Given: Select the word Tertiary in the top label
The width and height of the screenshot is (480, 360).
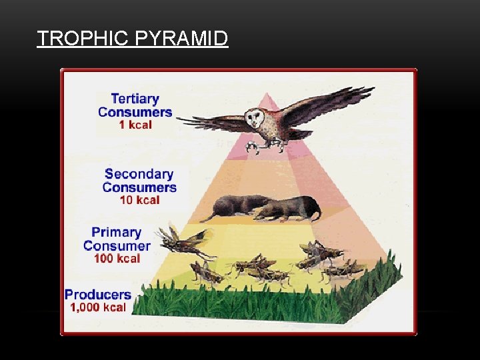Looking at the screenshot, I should tap(135, 99).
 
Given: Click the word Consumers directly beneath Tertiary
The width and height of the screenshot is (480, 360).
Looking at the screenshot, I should tap(135, 111).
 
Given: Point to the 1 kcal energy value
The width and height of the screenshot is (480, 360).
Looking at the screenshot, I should tap(135, 124).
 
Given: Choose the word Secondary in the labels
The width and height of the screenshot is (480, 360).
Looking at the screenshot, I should tap(139, 174).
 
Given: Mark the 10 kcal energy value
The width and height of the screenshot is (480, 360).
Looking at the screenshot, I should tap(139, 199).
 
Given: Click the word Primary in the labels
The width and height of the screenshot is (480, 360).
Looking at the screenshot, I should tap(117, 232).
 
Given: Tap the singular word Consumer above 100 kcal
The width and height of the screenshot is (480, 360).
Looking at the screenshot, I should tap(117, 245).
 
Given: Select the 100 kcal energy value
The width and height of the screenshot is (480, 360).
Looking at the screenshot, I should tap(117, 258).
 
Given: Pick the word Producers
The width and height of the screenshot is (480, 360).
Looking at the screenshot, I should tap(98, 294).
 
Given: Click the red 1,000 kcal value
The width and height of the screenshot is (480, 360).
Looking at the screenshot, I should tap(98, 307).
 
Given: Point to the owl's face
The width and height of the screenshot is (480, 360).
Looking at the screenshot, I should tap(255, 119).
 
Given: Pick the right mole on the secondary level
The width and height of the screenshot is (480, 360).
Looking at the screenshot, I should tap(290, 209).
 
